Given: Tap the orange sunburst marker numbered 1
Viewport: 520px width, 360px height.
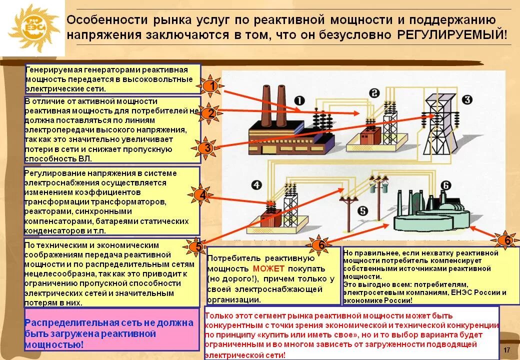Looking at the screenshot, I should pos(212,86).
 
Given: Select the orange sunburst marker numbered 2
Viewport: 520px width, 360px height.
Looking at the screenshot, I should pos(211,113).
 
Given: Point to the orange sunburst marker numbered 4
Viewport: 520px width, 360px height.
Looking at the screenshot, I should pos(201,195).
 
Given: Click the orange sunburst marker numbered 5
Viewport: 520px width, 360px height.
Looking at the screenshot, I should pos(198,247).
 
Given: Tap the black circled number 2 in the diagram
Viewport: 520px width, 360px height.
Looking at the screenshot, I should pos(374,93).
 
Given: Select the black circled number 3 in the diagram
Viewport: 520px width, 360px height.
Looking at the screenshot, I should pos(466,99).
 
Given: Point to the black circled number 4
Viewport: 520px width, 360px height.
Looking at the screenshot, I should pos(256,186).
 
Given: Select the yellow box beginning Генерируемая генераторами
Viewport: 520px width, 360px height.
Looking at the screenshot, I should pos(112,79).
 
